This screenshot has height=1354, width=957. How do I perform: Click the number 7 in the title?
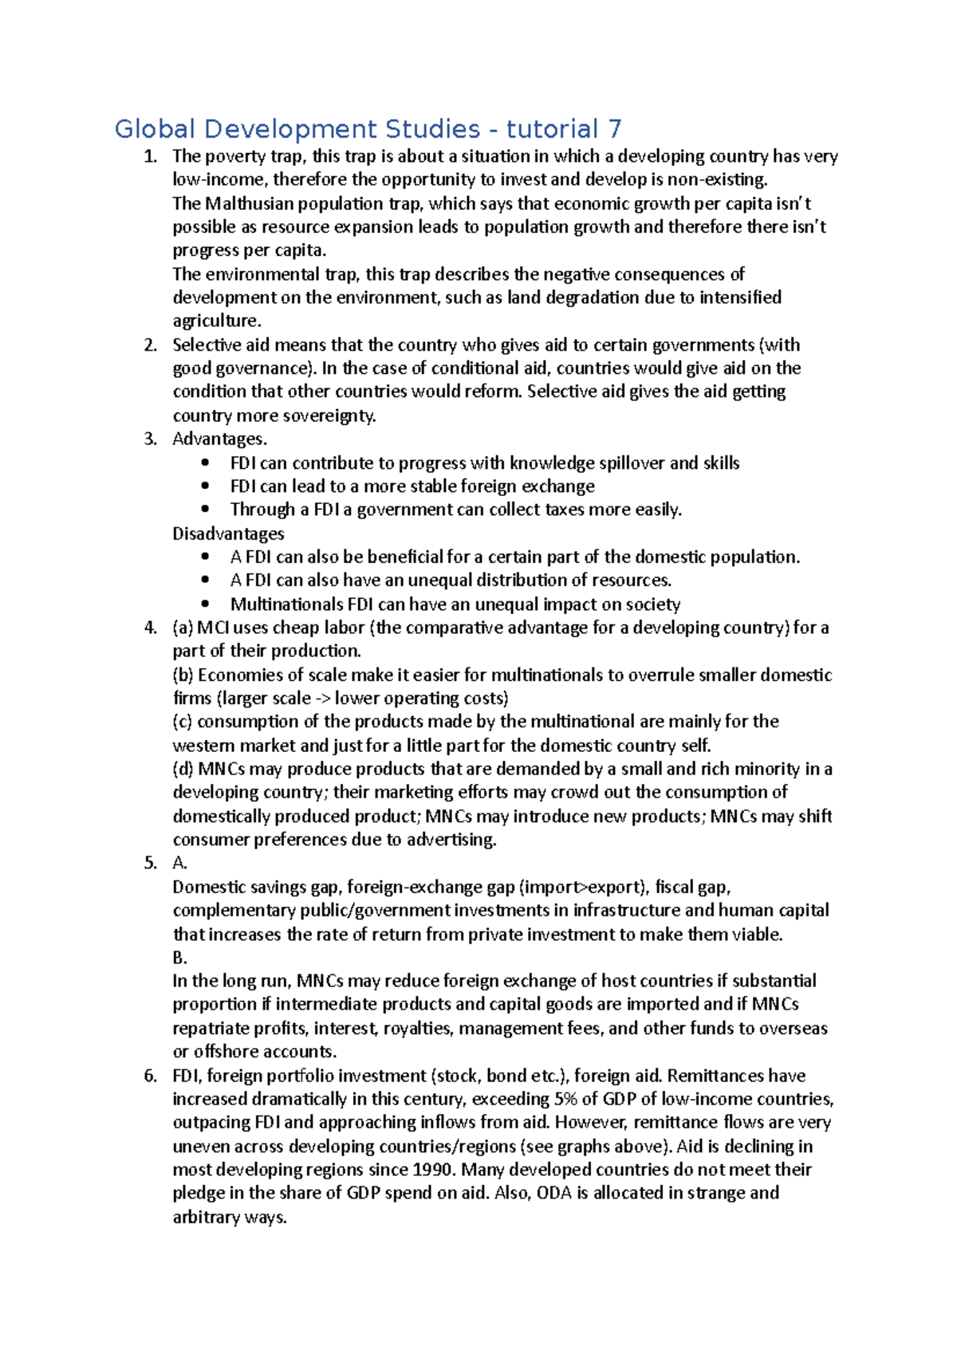click(613, 129)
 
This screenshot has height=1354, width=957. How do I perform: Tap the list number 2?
click(150, 345)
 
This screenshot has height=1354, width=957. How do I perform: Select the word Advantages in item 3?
click(218, 439)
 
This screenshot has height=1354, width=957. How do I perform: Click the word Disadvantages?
click(228, 533)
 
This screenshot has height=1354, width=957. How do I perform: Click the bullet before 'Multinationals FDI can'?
click(207, 604)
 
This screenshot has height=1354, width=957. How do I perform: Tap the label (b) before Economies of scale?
click(183, 675)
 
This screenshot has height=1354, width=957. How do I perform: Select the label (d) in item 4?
click(183, 769)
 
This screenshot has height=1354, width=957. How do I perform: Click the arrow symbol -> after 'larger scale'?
click(323, 699)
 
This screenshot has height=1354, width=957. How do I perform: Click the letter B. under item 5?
click(179, 958)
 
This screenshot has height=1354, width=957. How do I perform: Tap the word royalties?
click(417, 1029)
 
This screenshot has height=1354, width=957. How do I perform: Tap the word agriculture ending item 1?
click(216, 321)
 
